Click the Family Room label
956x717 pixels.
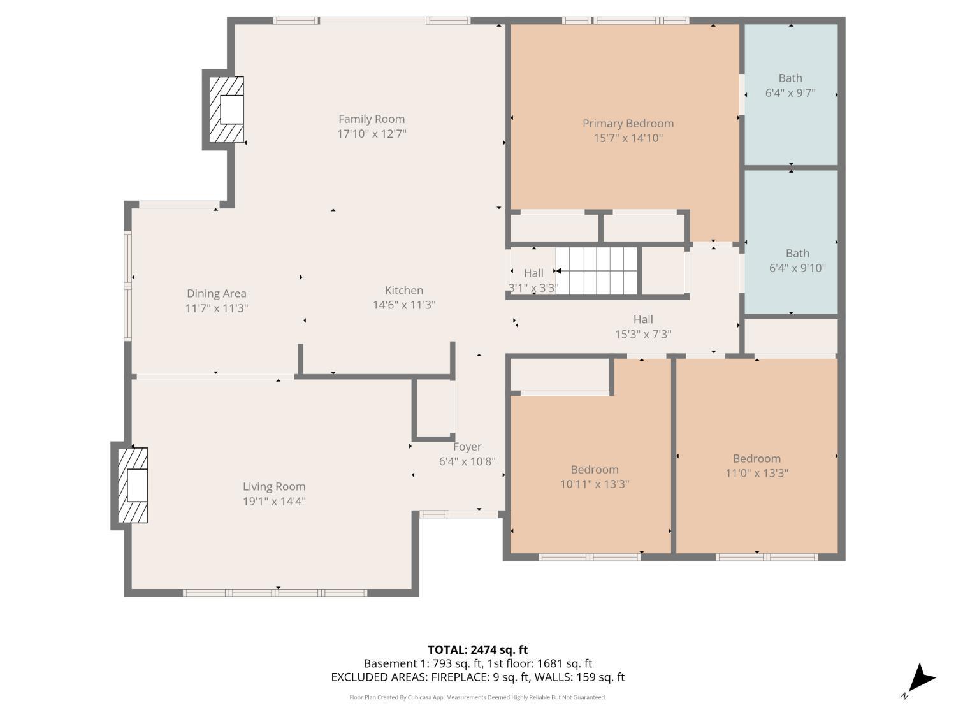tap(371, 119)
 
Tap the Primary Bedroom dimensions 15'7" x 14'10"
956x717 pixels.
tap(628, 138)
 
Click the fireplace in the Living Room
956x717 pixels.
tap(134, 486)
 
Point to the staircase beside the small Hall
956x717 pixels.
tap(597, 271)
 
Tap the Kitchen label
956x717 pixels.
tap(403, 291)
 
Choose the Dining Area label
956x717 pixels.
tap(216, 294)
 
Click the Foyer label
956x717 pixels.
tap(467, 447)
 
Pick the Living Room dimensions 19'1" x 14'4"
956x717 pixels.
tap(274, 502)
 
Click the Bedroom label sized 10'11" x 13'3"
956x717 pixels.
tap(594, 470)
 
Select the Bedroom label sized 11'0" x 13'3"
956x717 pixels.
tap(757, 459)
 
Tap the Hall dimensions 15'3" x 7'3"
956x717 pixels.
tap(643, 334)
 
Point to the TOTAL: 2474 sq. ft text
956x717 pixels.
tap(477, 650)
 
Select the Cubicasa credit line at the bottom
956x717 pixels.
tap(477, 697)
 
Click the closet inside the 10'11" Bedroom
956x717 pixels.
tap(561, 376)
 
